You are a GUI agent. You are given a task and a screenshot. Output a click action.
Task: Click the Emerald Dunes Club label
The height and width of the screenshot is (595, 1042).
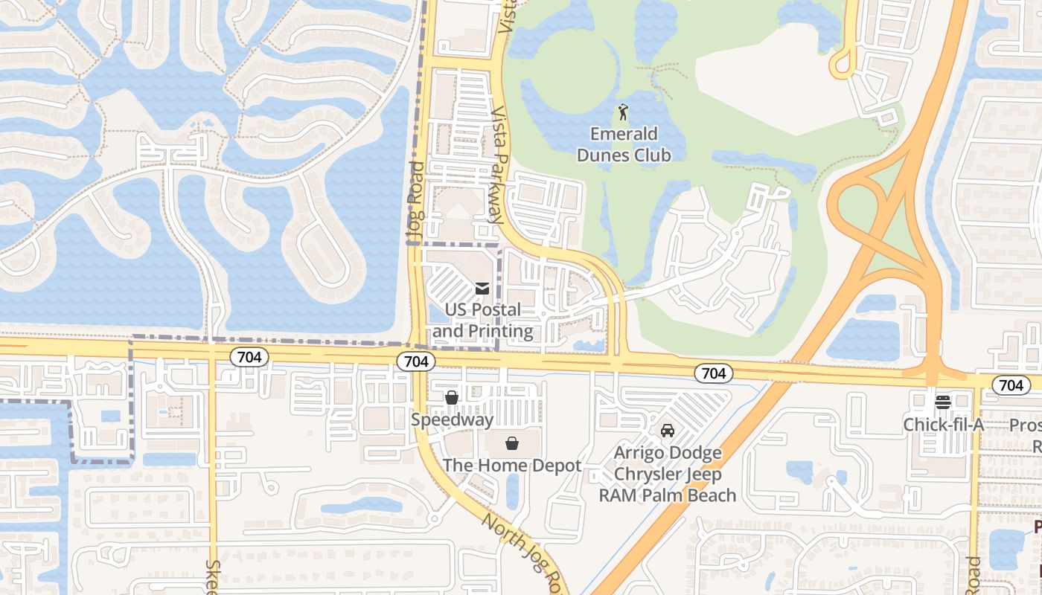[624, 144]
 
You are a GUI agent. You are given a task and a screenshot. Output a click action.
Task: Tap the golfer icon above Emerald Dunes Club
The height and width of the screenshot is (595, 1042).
[624, 113]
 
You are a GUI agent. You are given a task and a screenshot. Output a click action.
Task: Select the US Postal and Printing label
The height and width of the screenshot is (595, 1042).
[483, 321]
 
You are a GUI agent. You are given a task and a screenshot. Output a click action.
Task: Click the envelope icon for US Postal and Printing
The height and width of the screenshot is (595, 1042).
[482, 288]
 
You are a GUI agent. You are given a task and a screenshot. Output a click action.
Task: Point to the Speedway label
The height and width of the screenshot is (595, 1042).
[453, 419]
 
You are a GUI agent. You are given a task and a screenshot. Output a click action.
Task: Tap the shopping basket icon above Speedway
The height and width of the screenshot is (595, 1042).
[452, 398]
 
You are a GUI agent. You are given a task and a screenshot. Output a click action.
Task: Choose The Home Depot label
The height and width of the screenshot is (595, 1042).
[512, 466]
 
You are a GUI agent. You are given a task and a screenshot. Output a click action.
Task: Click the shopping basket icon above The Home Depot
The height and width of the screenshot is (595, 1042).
[512, 444]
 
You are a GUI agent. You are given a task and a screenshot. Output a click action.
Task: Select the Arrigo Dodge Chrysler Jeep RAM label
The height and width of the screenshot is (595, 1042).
[668, 474]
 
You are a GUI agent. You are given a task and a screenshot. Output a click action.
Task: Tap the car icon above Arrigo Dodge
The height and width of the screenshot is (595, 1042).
[668, 431]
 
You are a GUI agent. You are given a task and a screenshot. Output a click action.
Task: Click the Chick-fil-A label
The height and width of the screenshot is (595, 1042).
[944, 425]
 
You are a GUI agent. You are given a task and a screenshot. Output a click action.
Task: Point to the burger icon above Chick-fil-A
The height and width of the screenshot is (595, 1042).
[943, 402]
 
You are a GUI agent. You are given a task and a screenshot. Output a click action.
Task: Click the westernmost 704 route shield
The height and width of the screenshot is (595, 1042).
[249, 357]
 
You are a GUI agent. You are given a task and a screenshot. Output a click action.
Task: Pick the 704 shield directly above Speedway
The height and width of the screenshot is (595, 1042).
[416, 361]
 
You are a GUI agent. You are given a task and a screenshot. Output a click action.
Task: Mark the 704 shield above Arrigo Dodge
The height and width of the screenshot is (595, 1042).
[713, 373]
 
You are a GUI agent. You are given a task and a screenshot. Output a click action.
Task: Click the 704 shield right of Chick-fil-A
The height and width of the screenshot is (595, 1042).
[1011, 385]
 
